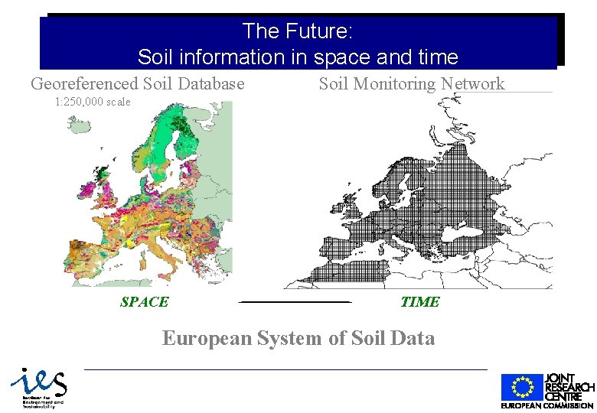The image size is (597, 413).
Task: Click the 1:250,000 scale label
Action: [93, 102]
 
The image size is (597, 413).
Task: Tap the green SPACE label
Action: [144, 302]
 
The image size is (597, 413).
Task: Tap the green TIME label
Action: [419, 302]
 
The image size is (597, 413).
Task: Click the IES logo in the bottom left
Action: [38, 387]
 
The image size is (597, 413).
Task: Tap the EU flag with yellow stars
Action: [521, 387]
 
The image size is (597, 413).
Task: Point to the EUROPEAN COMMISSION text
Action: [548, 405]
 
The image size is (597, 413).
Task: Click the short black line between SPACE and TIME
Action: [295, 302]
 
